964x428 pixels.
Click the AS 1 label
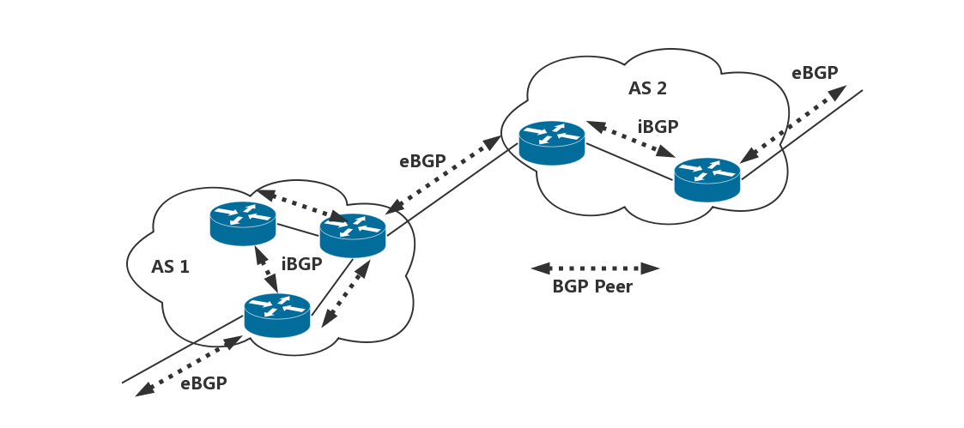click(170, 266)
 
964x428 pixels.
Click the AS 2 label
click(647, 87)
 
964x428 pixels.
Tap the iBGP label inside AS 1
click(301, 264)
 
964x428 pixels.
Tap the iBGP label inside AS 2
click(658, 126)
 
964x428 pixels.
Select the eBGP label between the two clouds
click(422, 160)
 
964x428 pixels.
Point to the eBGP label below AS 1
click(203, 383)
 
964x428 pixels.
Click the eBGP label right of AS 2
click(815, 73)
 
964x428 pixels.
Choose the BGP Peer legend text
click(592, 286)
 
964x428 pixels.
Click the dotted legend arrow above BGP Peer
click(595, 268)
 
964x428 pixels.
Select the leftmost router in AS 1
click(243, 223)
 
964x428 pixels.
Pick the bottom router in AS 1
click(276, 315)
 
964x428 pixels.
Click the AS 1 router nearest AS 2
click(353, 235)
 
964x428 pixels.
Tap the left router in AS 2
click(552, 142)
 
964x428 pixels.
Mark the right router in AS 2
click(706, 179)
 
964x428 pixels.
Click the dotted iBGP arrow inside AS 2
click(628, 139)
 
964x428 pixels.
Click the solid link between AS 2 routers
click(629, 162)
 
